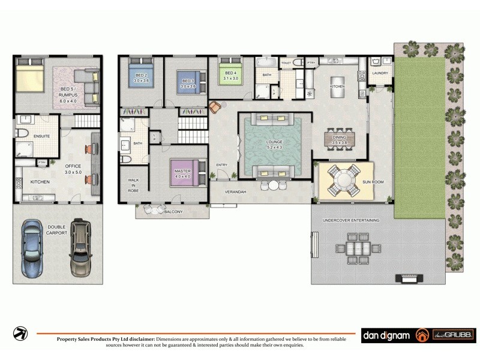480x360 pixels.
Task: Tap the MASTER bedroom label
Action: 182,173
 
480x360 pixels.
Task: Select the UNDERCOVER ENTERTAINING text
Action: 351,220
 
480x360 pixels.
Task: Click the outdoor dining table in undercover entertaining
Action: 359,248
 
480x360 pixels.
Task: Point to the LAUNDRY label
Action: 380,74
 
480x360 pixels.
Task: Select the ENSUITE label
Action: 41,137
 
